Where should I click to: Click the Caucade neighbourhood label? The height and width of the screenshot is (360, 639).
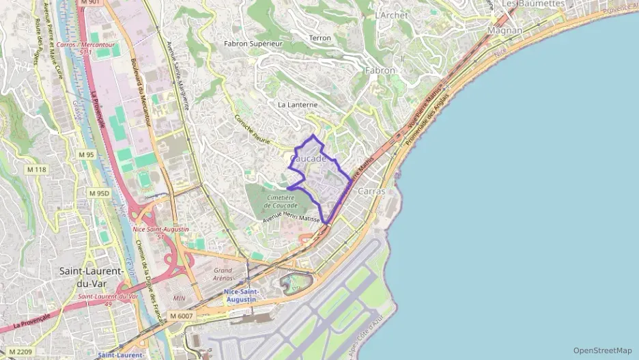308,158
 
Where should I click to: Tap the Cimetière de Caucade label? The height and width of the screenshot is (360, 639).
280,201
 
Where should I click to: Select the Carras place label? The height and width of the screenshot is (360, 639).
371,191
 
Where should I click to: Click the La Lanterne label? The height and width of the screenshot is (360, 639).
298,105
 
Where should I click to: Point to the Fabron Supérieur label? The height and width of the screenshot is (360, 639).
253,43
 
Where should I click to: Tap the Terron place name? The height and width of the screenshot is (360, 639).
320,38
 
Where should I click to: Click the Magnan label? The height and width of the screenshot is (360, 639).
505,31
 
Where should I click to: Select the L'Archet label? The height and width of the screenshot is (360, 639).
391,15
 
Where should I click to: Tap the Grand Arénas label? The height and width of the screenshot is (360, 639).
223,275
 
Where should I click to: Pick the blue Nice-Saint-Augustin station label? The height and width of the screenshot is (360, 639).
240,295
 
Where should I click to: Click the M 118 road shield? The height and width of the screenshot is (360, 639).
36,169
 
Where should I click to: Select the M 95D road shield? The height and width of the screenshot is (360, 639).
98,193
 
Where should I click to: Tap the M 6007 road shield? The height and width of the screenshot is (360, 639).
182,316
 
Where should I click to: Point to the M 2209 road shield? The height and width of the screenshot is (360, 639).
19,352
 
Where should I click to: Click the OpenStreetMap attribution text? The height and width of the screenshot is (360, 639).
602,350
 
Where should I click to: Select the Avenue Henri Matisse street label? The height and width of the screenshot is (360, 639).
292,217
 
